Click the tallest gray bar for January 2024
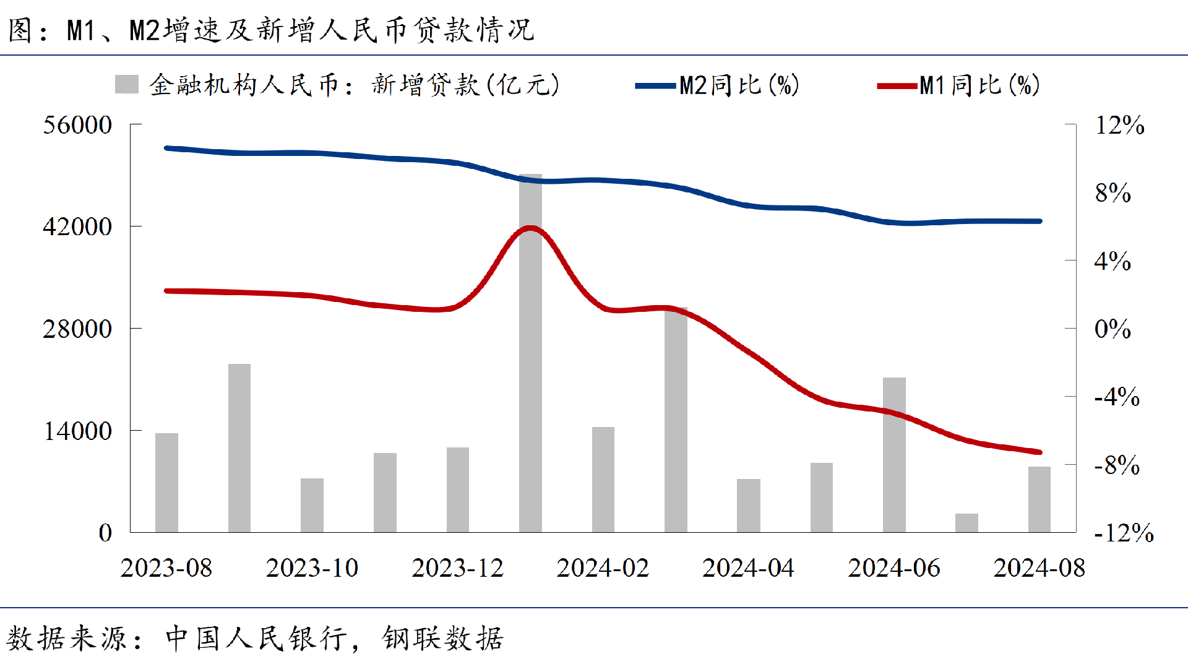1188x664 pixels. (530, 353)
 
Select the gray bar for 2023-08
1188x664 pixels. (166, 483)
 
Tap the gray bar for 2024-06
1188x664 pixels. (894, 455)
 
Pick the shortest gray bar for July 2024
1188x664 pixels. (966, 523)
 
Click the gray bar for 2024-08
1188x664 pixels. (1039, 499)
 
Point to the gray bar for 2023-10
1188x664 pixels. (312, 505)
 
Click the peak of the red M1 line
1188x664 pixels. (530, 228)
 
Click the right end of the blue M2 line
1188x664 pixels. (1039, 221)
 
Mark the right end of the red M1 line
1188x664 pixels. (1039, 452)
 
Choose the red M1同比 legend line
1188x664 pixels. (897, 86)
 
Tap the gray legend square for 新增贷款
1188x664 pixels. (127, 85)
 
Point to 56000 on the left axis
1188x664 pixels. (77, 125)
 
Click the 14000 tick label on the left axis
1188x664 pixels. (77, 431)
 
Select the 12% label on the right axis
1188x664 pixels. (1119, 125)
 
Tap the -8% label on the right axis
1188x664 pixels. (1117, 465)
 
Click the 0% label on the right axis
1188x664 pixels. (1113, 329)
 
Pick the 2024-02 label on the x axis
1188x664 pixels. (603, 567)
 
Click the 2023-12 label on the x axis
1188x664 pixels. (458, 567)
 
